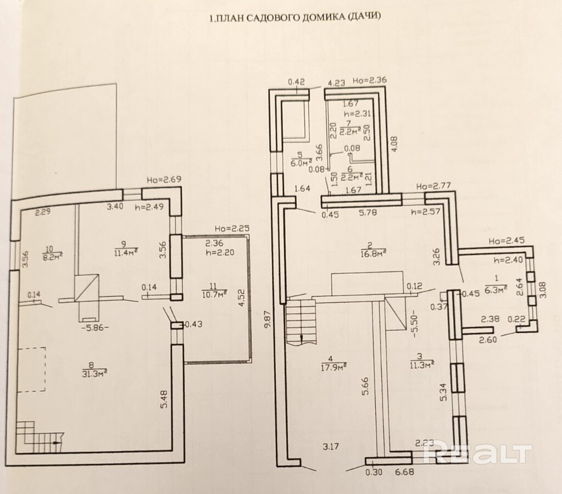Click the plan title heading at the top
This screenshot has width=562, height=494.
(294, 18)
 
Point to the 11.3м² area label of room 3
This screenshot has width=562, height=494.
(422, 363)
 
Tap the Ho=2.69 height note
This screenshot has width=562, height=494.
(163, 180)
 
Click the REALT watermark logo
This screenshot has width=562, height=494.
(479, 454)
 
